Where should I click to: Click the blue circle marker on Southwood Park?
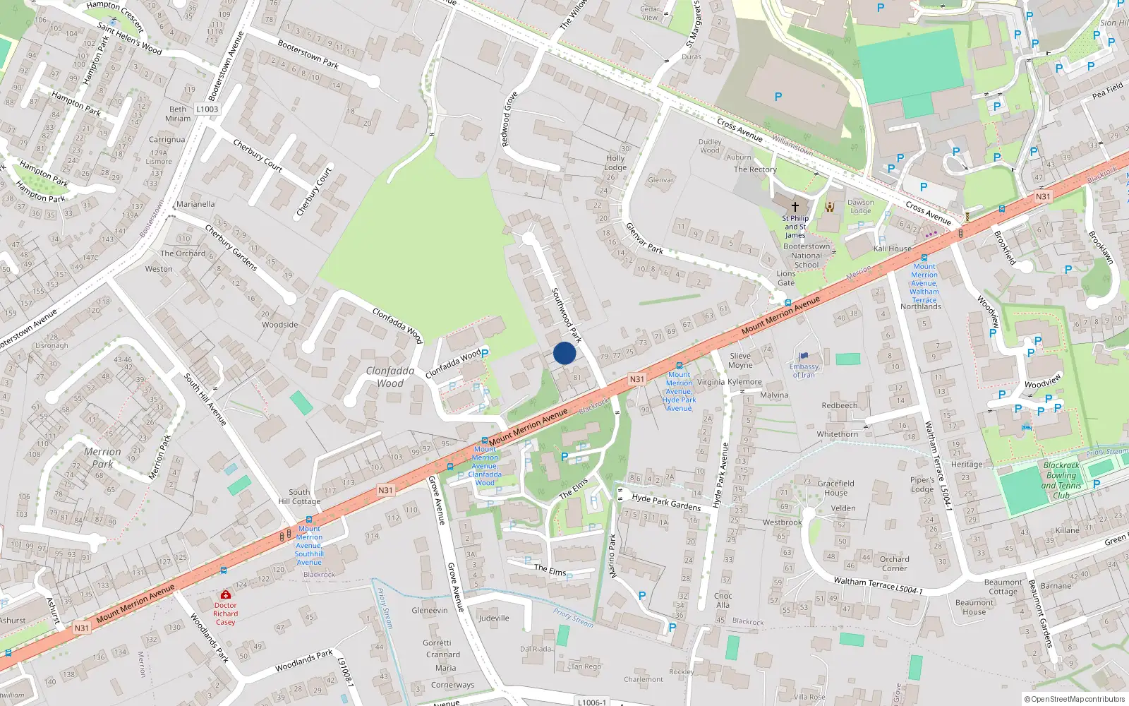click(564, 353)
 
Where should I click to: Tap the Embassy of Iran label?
click(804, 371)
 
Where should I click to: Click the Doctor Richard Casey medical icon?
click(225, 595)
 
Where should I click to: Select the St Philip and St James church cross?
click(795, 207)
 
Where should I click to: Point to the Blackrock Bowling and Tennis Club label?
click(1061, 480)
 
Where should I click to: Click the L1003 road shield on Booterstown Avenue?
click(207, 109)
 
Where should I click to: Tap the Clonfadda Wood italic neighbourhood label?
click(390, 377)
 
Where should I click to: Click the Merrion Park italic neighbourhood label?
click(102, 457)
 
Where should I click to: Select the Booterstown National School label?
click(807, 256)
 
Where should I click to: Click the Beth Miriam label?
click(178, 114)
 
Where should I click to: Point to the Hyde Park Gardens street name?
click(666, 502)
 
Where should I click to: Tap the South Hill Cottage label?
click(299, 496)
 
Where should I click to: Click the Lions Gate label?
click(786, 278)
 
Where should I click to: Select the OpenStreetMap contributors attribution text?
click(1074, 700)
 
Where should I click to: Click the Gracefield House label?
click(835, 488)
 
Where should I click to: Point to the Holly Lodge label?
click(615, 163)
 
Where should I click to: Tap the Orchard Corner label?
click(894, 563)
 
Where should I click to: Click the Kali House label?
click(893, 249)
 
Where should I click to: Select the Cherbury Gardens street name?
click(231, 247)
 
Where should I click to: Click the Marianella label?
click(195, 204)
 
